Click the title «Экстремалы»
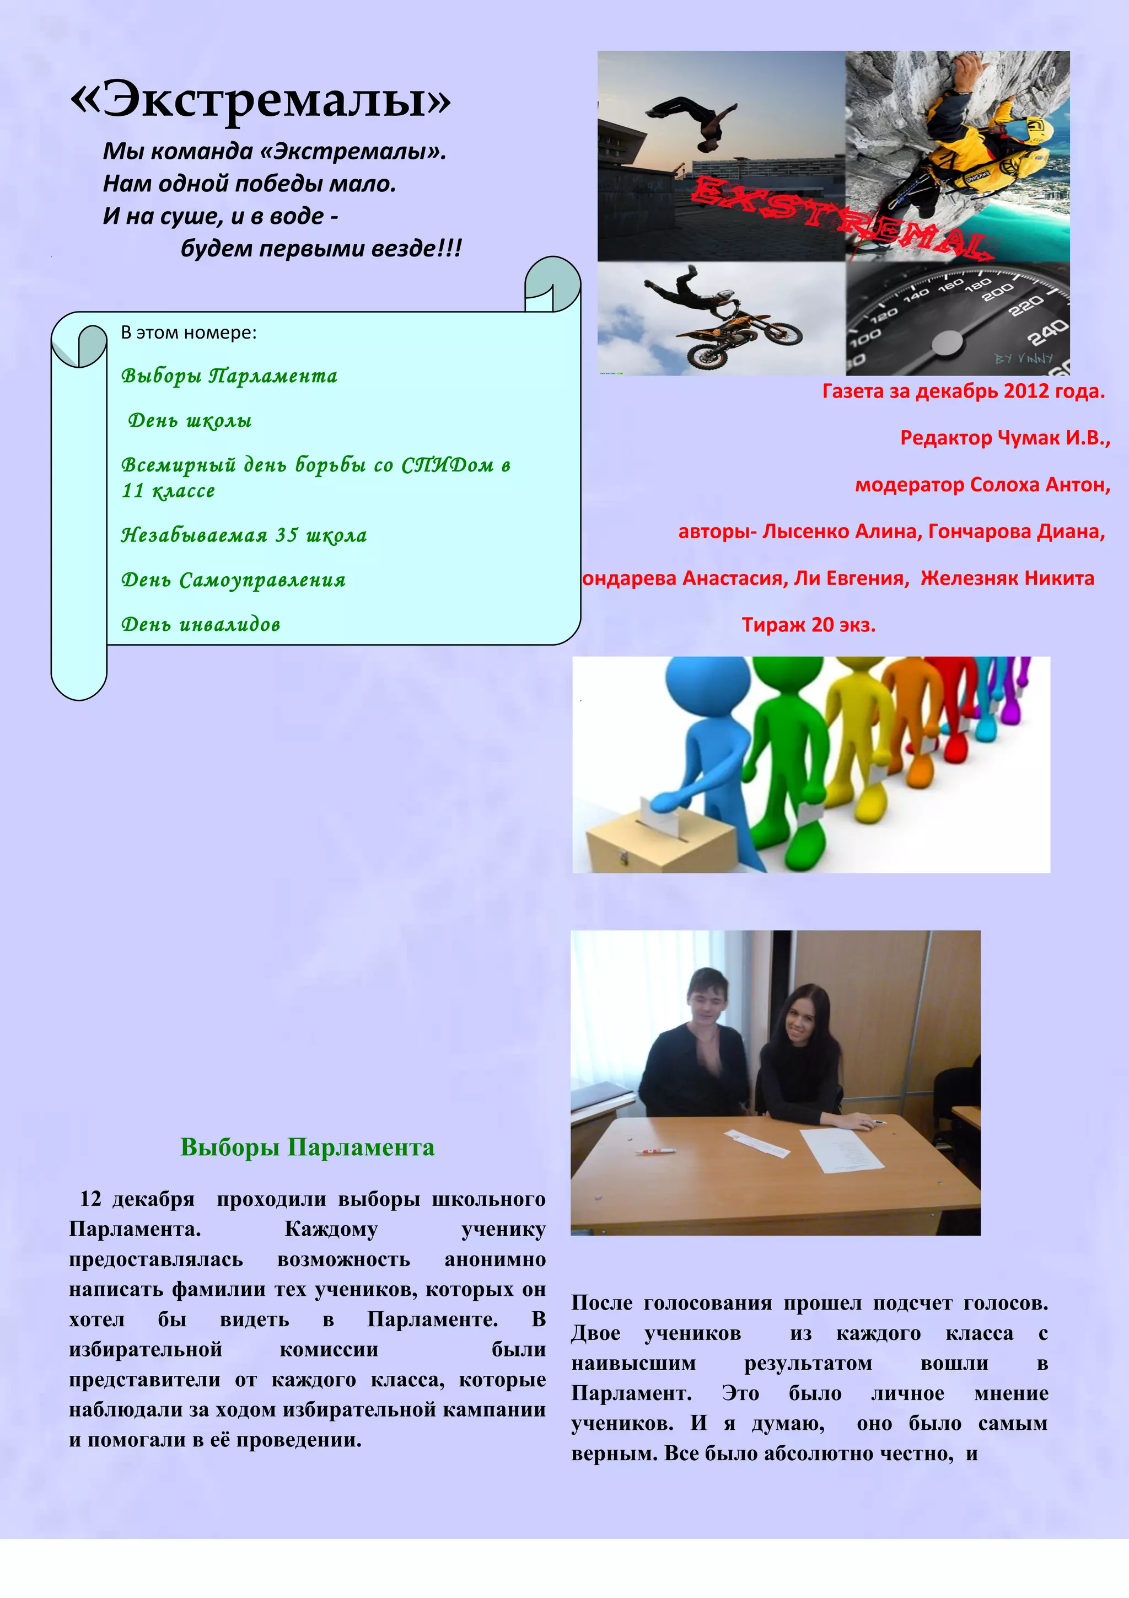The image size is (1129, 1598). point(261,99)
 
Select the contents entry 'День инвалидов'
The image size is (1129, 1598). point(200,624)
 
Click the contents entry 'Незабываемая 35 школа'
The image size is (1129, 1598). point(244,535)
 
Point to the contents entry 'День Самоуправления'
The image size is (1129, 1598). point(233,580)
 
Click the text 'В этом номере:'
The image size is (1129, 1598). point(189,333)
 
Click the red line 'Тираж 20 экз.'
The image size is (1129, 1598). point(808,625)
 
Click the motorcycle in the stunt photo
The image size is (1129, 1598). point(738,338)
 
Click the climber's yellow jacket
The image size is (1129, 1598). point(974,139)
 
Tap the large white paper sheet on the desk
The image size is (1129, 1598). point(842,1149)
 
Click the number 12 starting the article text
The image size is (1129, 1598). point(90,1199)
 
